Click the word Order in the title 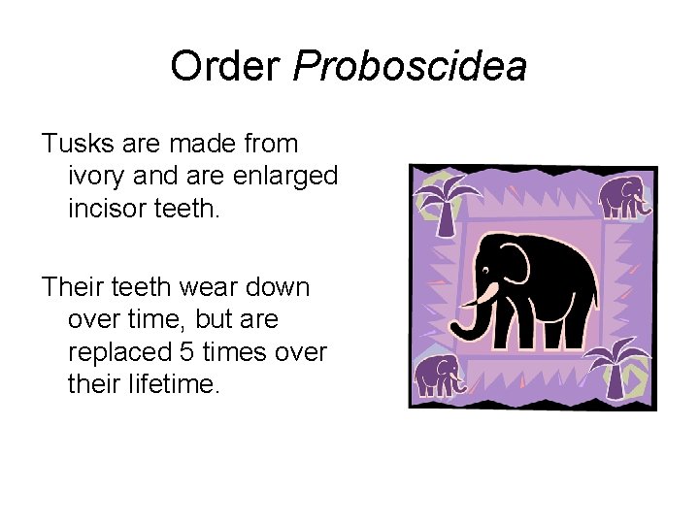tap(225, 67)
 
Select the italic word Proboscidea tap(410, 67)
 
